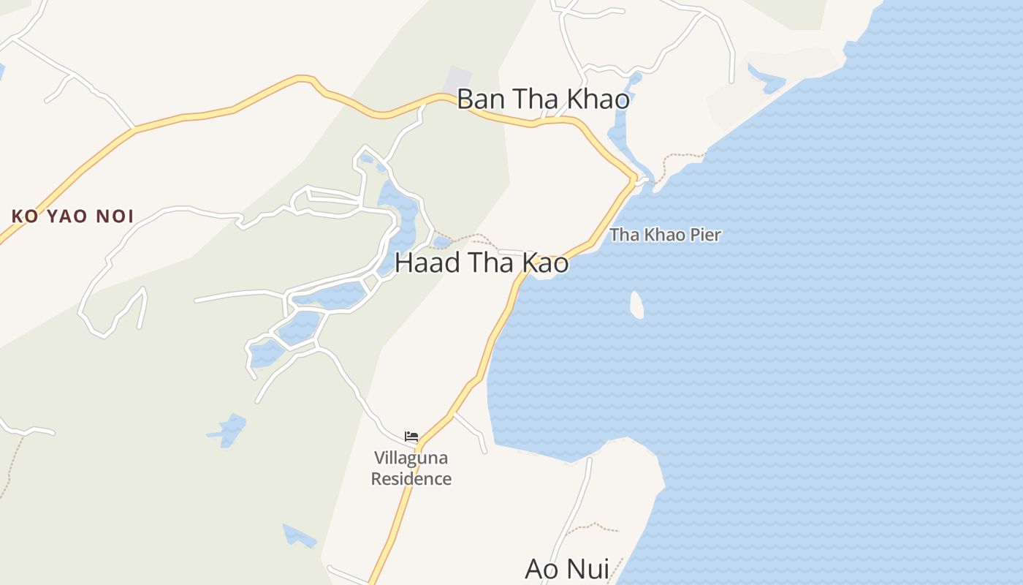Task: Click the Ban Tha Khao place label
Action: [x=543, y=99]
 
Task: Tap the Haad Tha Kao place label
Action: [x=482, y=263]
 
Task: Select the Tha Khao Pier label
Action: [x=665, y=235]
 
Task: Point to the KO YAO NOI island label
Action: [x=72, y=216]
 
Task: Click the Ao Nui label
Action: [x=567, y=569]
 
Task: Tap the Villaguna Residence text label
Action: [x=411, y=468]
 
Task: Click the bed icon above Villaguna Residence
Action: [x=411, y=437]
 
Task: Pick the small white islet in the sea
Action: [x=636, y=304]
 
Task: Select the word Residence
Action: [x=411, y=479]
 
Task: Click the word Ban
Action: [x=480, y=99]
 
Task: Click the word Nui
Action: [x=588, y=569]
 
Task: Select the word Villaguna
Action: [x=411, y=458]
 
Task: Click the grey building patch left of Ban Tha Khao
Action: [x=457, y=80]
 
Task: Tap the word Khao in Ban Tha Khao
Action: [x=598, y=99]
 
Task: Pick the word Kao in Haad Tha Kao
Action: [x=544, y=263]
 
